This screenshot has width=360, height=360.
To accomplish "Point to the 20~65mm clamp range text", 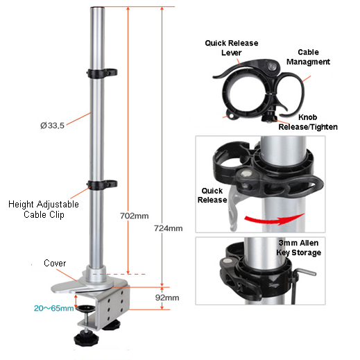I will tap(53, 308).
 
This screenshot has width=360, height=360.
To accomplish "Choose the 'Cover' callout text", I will tap(55, 264).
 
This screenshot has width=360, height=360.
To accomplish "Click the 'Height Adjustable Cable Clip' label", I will tap(43, 209).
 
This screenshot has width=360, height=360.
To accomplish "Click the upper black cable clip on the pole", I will tap(102, 71).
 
